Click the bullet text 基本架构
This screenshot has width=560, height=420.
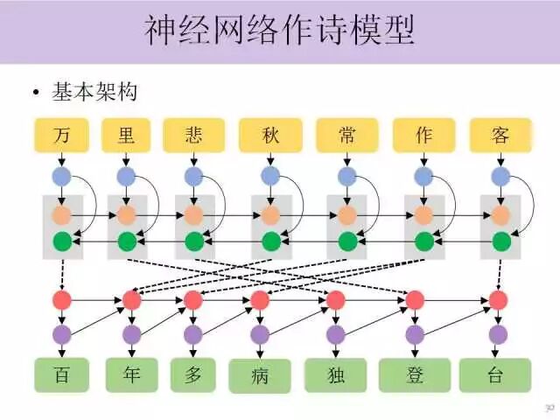[x=94, y=91]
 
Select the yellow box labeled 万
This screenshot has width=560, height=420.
[x=61, y=136]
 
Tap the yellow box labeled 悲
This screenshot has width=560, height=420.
[x=193, y=136]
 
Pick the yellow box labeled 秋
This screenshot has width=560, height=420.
[x=270, y=136]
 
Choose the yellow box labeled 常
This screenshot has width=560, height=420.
[x=347, y=136]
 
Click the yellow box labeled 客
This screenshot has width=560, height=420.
[x=500, y=136]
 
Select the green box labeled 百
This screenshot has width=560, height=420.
[x=61, y=375]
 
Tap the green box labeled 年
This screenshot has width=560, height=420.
[x=131, y=375]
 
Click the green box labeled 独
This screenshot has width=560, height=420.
[x=336, y=375]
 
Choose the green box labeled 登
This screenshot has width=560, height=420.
[x=415, y=375]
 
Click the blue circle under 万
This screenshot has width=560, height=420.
[x=61, y=177]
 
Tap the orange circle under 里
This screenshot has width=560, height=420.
[x=127, y=214]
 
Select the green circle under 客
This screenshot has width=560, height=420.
[x=500, y=241]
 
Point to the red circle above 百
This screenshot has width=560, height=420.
[x=61, y=300]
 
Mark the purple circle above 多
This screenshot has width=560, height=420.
[x=193, y=334]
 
